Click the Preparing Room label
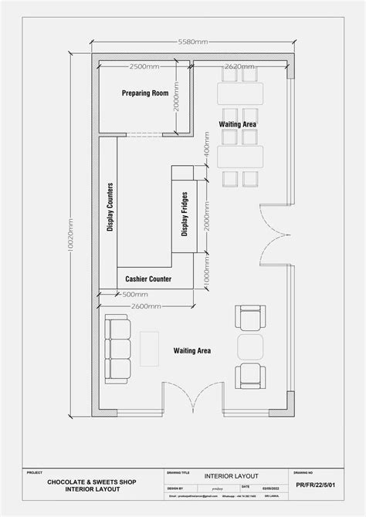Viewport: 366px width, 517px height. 145,93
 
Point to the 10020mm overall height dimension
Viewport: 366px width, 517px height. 70,239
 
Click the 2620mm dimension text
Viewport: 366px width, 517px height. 239,66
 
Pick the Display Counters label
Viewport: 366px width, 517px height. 110,206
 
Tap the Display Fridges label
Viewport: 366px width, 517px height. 185,215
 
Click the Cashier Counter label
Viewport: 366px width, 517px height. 148,279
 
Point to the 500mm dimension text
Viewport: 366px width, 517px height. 136,295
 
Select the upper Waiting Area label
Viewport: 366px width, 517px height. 239,123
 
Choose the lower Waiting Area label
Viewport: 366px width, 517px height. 192,351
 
